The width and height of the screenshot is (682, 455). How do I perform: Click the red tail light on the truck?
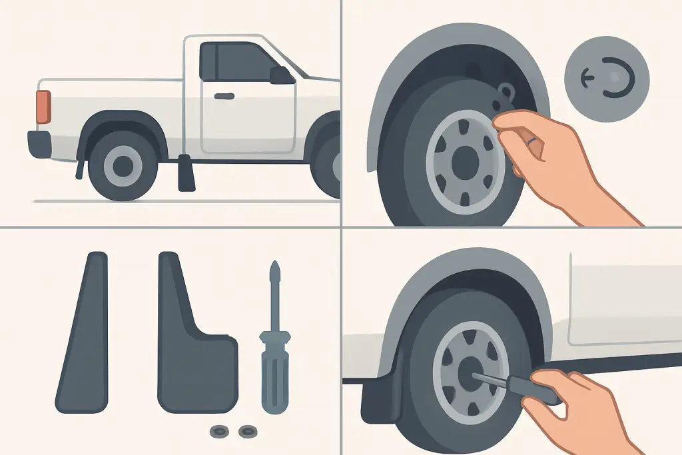(x=43, y=107)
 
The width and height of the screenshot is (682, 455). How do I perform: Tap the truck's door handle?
(x=224, y=95)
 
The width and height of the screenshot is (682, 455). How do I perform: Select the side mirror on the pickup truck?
(x=282, y=75)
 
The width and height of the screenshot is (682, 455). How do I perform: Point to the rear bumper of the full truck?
(x=38, y=143)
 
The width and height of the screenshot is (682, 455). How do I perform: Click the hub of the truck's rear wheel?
(x=123, y=166)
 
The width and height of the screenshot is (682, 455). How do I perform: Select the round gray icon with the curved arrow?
(x=606, y=78)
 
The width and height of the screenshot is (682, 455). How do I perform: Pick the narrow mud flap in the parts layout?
(x=83, y=333)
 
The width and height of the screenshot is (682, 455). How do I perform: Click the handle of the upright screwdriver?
(x=274, y=373)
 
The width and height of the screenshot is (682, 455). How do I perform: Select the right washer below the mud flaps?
(x=247, y=431)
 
